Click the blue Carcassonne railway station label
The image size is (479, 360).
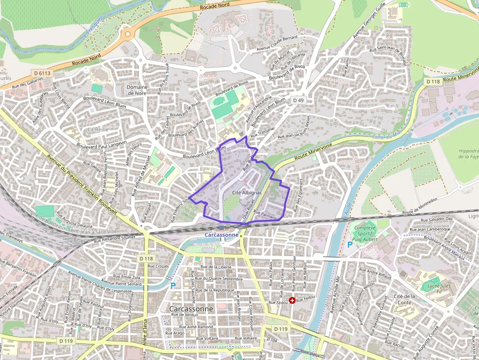pos(221,234)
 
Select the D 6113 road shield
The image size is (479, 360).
pos(43,73)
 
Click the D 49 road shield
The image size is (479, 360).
pos(298,100)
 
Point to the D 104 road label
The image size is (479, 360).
pos(272,339)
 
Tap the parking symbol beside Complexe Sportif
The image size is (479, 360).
pos(349,244)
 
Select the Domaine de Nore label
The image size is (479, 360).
pos(137,90)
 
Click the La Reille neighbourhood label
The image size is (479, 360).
pos(97,129)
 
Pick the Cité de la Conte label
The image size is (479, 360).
pos(404,299)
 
